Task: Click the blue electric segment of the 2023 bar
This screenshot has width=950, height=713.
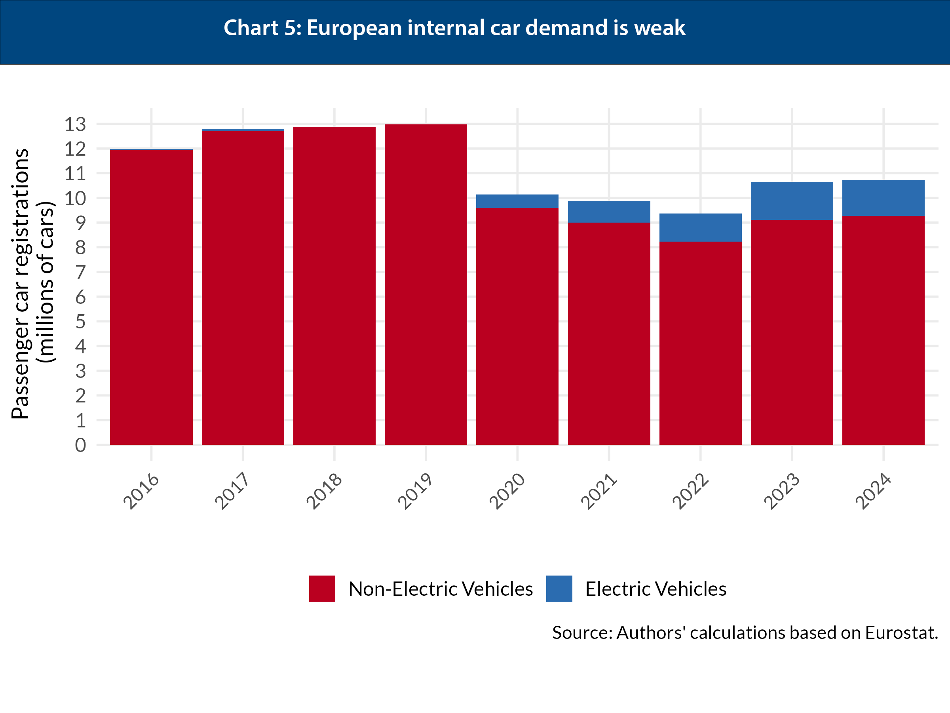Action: tap(792, 201)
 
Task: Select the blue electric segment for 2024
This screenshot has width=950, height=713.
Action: tap(883, 198)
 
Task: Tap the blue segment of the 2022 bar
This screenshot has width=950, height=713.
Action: tap(700, 227)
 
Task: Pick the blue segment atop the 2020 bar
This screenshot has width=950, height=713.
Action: tap(517, 201)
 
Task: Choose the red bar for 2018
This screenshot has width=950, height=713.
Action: tap(334, 286)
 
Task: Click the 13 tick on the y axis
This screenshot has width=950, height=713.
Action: tap(75, 125)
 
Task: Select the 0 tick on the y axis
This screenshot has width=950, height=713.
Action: tap(80, 445)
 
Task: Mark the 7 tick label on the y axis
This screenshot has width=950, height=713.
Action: tap(80, 273)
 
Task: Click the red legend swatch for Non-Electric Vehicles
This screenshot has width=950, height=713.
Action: tap(322, 588)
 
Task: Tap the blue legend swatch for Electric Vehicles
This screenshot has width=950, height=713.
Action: tap(559, 588)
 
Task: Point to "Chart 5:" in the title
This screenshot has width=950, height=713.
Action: tap(262, 28)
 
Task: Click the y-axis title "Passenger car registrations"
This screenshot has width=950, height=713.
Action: tap(20, 284)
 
